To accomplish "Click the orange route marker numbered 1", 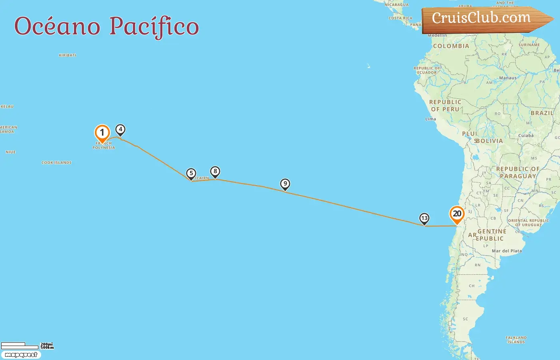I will pos(102,133).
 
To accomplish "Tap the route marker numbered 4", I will pos(120,130).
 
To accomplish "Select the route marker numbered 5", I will pos(191,174).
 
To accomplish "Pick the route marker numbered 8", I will pos(215,172).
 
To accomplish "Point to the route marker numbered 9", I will pos(285,184).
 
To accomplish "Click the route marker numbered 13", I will pos(424,218).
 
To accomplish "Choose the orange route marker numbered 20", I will pos(457,214).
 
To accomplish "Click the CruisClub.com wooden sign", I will pos(484,18).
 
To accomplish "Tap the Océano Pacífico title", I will pos(106,26).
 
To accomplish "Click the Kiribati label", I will pos(67,55).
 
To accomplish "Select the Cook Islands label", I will pos(56,163).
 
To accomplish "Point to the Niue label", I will pos(11,152).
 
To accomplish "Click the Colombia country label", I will pos(451,46).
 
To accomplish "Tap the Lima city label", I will pos(430,119).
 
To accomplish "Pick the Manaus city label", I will pos(508,78).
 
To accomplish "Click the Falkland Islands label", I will pos(516,340).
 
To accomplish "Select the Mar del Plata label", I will pos(507,251).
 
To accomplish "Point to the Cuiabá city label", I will pos(526,136).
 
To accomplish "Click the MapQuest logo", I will pos(21,355).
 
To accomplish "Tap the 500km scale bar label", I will pos(47,348).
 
